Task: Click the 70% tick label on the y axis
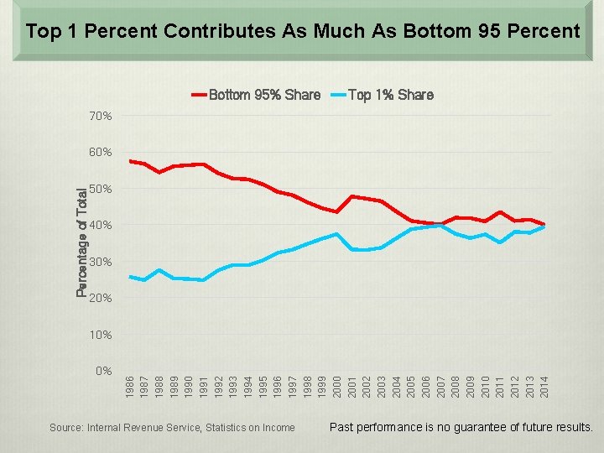(x=100, y=116)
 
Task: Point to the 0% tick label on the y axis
(x=104, y=371)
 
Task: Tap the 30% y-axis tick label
(x=100, y=262)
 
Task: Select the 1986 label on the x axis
(x=129, y=387)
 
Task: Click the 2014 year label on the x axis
(x=544, y=387)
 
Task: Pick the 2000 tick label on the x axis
(x=337, y=387)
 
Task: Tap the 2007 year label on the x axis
(x=440, y=387)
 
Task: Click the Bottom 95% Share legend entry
(x=256, y=95)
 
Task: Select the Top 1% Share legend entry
(x=383, y=95)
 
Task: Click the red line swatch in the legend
(x=200, y=95)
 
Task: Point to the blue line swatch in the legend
(x=339, y=95)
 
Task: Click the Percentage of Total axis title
(x=81, y=242)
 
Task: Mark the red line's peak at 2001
(x=351, y=196)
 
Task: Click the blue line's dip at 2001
(x=351, y=250)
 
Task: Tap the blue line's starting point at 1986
(x=130, y=277)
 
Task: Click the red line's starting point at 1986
(x=130, y=161)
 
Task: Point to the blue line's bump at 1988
(x=159, y=270)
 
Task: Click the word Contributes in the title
(x=220, y=31)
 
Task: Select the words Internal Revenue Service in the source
(x=144, y=428)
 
